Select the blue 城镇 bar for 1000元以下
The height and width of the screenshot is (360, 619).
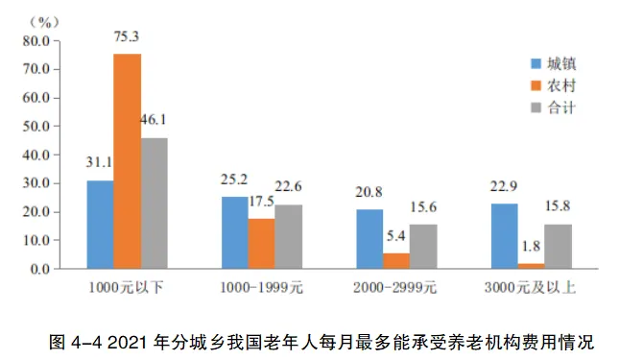coord(100,225)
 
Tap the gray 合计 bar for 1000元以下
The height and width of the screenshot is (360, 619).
coord(154,204)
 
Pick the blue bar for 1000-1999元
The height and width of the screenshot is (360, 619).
coord(234,233)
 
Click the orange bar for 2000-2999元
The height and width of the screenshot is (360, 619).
coord(395,261)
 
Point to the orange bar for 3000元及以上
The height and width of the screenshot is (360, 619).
coord(531,266)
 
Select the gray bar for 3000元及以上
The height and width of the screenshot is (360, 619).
coord(558,247)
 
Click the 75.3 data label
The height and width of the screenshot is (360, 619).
coord(128,37)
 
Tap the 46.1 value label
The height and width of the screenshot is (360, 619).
coord(155,120)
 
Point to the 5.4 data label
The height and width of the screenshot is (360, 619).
coord(396,235)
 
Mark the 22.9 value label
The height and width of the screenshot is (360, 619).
coord(504,185)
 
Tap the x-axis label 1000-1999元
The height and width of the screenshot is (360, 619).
coord(262,286)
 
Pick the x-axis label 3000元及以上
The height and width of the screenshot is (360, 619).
coord(531,286)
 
